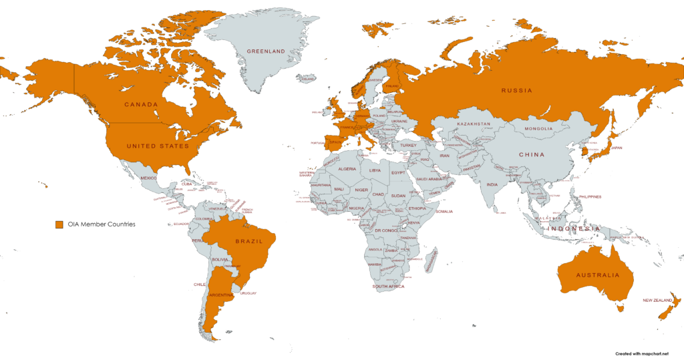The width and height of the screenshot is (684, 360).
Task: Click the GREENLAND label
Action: pos(266,51)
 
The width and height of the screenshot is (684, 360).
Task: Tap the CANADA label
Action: pos(140,105)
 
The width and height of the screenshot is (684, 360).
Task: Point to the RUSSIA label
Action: pos(517,90)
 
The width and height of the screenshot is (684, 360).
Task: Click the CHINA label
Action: pos(532,155)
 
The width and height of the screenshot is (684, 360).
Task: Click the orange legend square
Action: pos(59,224)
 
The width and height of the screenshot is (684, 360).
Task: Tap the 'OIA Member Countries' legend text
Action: pos(102,224)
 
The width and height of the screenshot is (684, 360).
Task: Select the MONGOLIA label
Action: pos(538,129)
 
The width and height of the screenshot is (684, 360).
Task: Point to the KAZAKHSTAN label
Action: pos(474,124)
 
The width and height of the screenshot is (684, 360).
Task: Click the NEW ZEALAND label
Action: pos(657,301)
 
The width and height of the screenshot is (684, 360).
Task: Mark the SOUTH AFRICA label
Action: pos(388,287)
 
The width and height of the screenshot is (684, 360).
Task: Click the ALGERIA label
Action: pos(348,170)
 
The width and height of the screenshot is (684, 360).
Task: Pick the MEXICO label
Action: pos(148,178)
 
